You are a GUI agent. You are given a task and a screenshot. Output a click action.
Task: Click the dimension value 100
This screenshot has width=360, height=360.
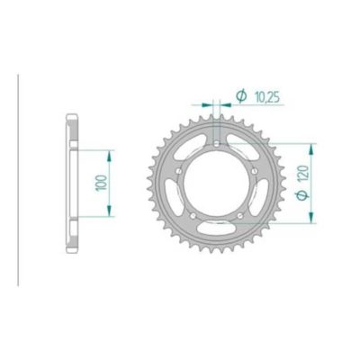click(97, 182)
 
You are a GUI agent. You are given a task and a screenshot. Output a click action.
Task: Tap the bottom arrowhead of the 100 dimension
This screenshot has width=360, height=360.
click(110, 212)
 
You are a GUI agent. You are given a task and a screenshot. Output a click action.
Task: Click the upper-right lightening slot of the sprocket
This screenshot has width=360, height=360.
click(246, 145)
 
